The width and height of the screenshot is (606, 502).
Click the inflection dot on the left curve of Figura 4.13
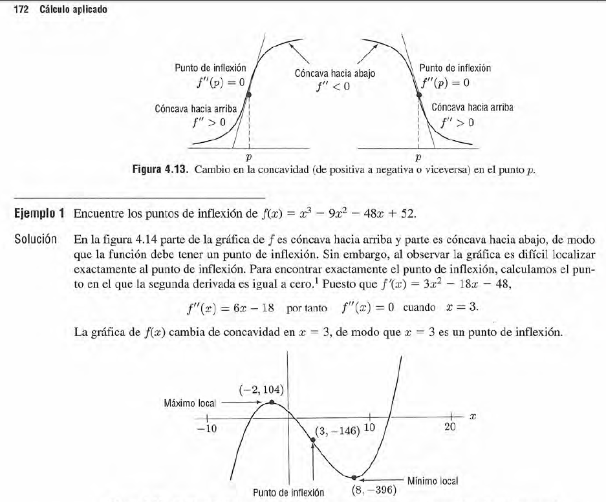click(249, 94)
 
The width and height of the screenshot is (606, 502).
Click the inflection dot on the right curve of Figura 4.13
click(418, 94)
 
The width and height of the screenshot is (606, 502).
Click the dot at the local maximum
click(271, 402)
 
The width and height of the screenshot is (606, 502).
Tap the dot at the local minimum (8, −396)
click(354, 479)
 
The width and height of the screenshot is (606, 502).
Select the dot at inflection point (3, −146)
click(313, 441)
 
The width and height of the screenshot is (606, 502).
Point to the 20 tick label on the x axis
click(451, 427)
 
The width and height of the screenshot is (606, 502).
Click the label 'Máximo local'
click(189, 403)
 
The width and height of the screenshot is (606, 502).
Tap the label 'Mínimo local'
click(433, 481)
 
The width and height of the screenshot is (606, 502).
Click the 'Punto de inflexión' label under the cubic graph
click(288, 492)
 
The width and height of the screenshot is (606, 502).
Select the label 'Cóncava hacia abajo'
click(334, 74)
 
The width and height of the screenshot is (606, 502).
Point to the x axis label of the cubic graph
click(473, 417)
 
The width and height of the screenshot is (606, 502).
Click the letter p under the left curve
click(249, 157)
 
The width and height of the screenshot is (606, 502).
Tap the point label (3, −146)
click(338, 431)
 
